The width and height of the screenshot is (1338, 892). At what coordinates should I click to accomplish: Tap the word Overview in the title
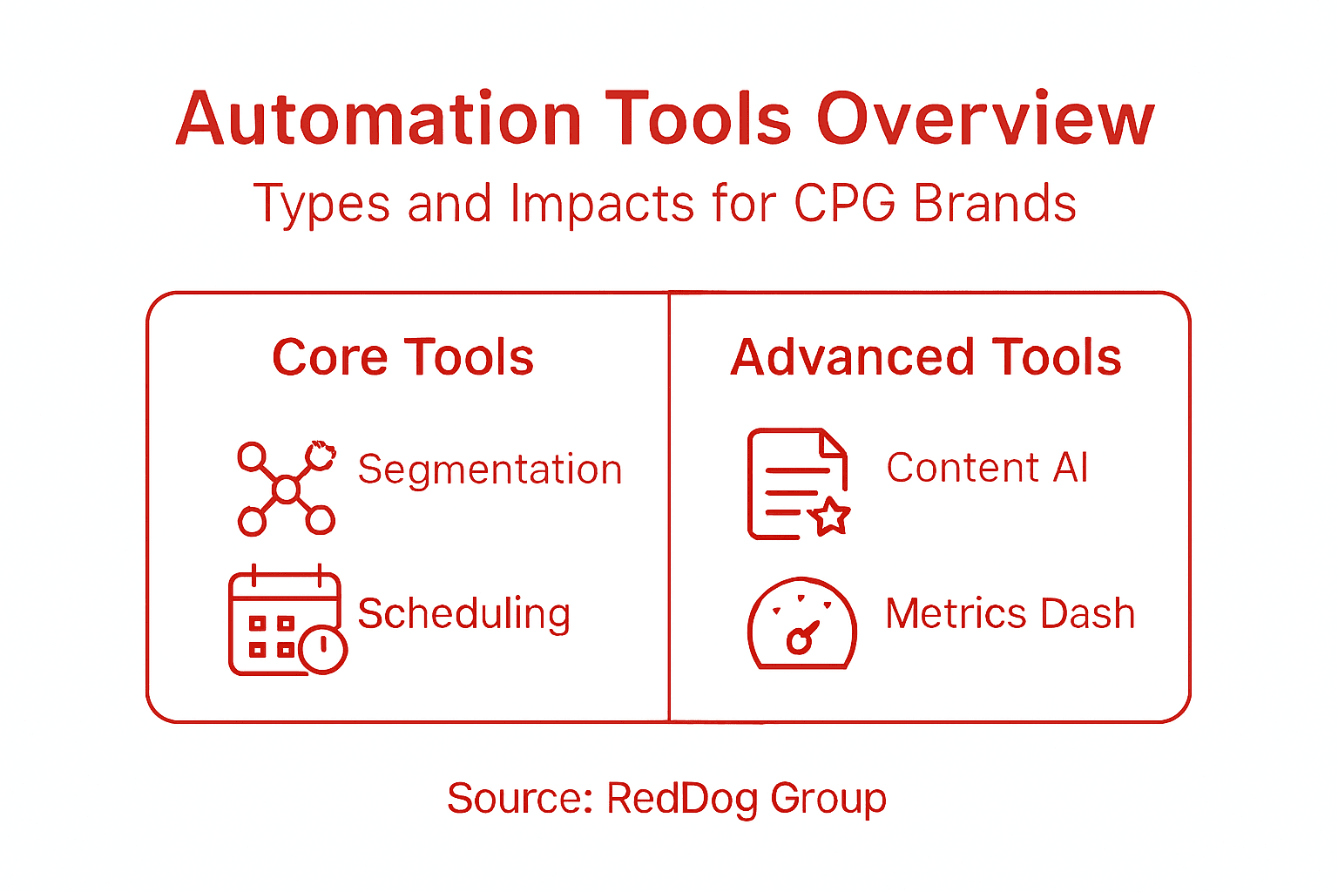pos(984,119)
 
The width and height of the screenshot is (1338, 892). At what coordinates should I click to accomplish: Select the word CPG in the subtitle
pos(844,204)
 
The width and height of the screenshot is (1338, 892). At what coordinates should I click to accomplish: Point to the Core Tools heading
pos(402,357)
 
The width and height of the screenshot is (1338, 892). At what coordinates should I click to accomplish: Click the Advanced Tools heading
pos(926,357)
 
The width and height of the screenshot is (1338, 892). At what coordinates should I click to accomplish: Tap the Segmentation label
pos(490,470)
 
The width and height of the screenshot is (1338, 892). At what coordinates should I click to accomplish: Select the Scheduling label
pos(463,614)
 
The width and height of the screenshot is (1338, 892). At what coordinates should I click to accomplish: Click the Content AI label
pos(987,468)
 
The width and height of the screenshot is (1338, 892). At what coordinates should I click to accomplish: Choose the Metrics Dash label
pos(1010,614)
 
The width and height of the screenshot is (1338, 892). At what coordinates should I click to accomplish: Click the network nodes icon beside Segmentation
pos(286,489)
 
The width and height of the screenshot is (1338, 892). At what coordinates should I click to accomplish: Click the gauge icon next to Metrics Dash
pos(801,624)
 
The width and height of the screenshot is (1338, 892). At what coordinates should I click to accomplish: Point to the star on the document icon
pos(829,517)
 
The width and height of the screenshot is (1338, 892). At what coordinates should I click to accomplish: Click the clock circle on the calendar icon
pos(323,648)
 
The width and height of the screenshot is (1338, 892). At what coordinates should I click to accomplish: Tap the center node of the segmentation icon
pos(286,490)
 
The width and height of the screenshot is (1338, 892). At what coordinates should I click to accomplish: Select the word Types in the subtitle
pos(321,204)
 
